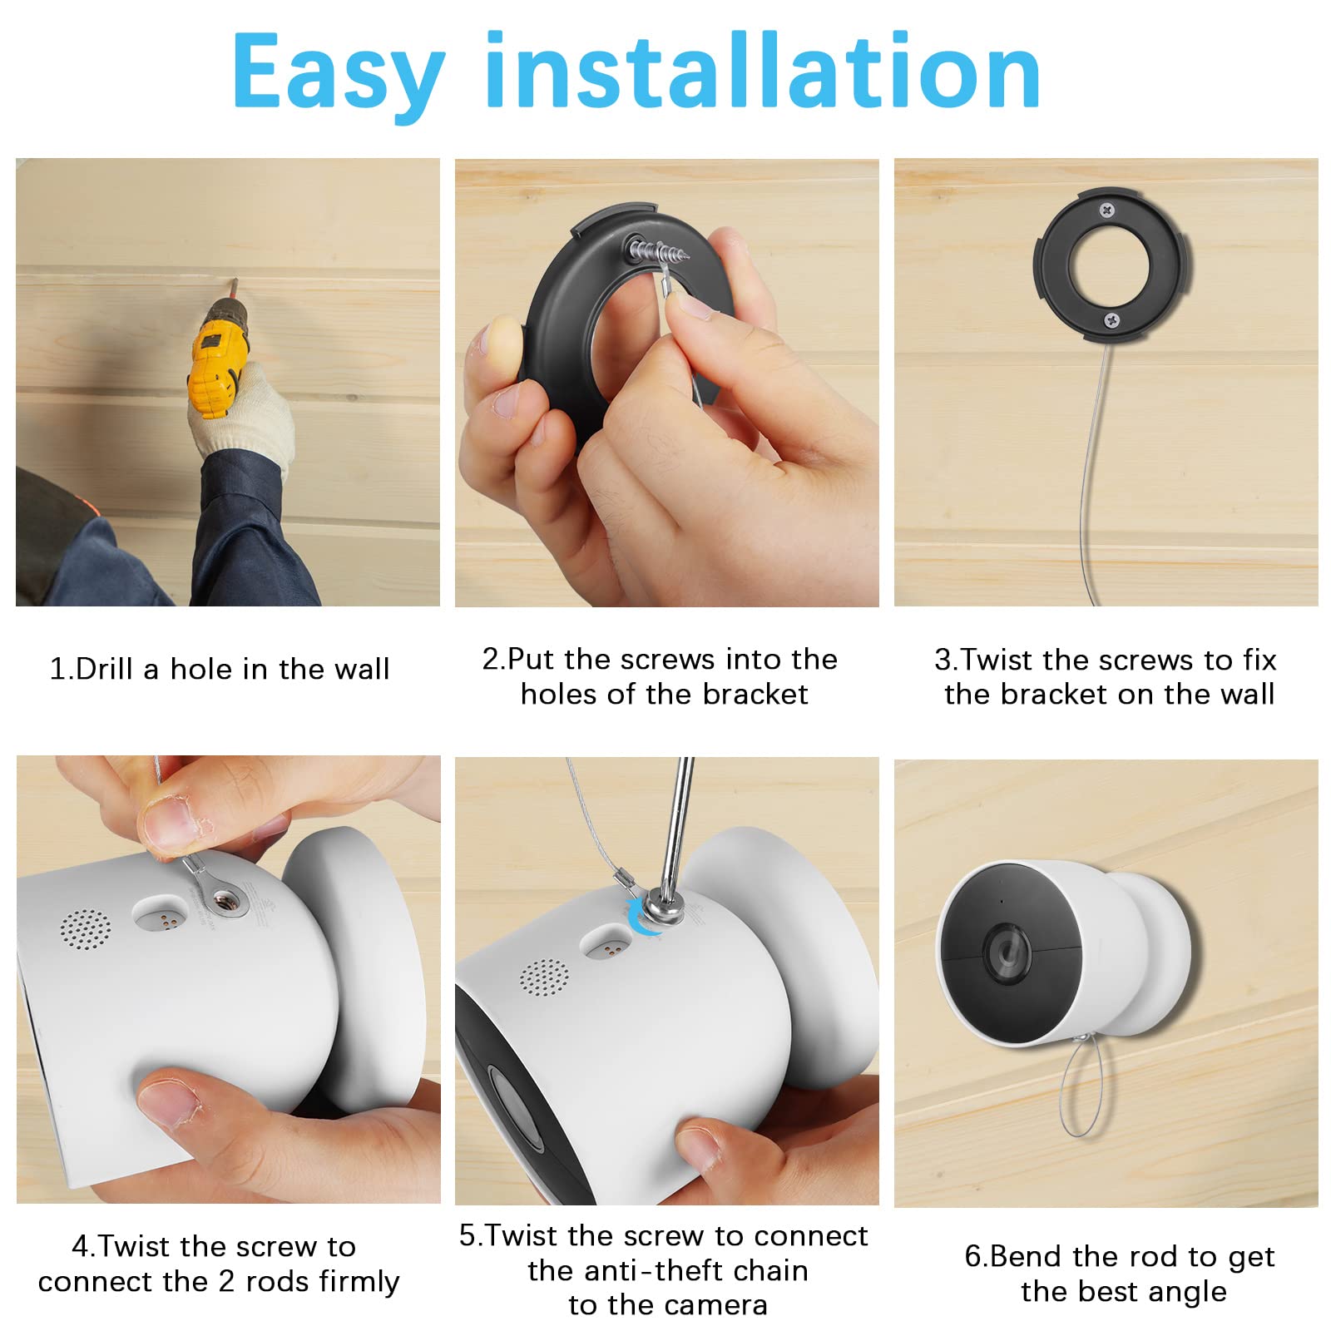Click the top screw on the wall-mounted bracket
click(x=1106, y=210)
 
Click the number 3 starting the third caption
click(x=943, y=660)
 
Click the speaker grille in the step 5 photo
click(x=544, y=976)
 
